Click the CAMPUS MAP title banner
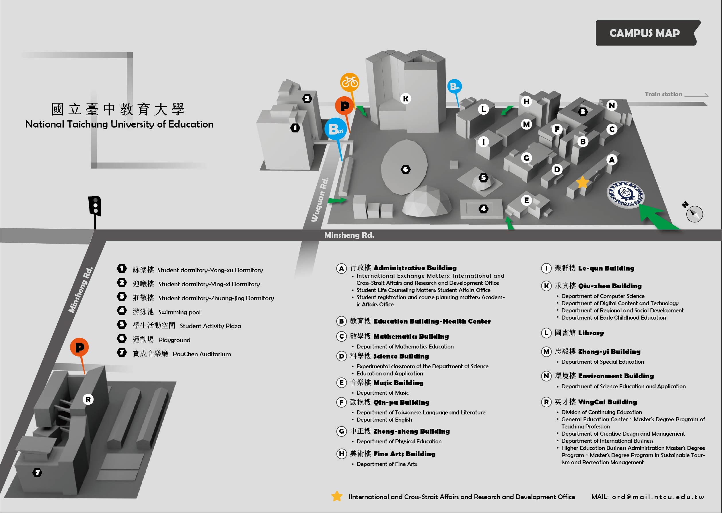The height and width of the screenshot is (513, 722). tap(645, 33)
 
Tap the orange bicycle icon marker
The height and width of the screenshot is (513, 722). tap(349, 82)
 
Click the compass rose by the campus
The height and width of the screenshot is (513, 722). tap(694, 214)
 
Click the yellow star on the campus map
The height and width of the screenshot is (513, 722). tap(582, 182)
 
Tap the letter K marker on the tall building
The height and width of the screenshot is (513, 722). tap(406, 99)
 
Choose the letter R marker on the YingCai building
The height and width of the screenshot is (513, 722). tap(88, 400)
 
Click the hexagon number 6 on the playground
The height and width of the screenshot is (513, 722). tap(406, 170)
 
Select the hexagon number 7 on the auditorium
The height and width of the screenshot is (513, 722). tap(37, 473)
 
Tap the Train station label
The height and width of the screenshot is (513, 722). tap(663, 94)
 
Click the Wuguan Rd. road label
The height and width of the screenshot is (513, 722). tap(320, 200)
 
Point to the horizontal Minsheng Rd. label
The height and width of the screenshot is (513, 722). tap(349, 235)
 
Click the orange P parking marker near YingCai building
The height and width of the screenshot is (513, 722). tap(79, 347)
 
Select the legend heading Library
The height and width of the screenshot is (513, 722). tap(591, 333)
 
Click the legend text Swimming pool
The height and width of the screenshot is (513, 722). tap(179, 312)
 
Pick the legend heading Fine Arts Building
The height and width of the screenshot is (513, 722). tap(404, 454)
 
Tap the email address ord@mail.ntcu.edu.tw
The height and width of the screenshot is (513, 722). tap(658, 497)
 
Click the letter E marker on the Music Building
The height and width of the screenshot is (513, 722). tap(526, 200)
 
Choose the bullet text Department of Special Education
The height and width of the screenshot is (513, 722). tap(602, 362)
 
